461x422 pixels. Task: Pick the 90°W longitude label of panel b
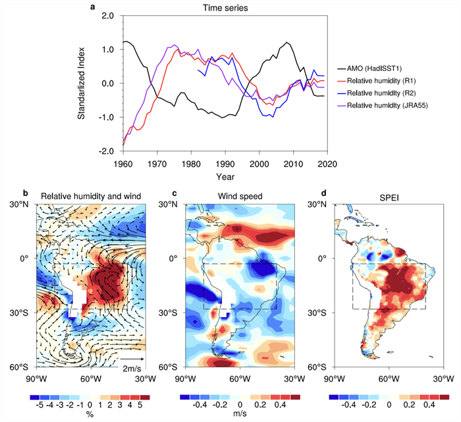36,379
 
